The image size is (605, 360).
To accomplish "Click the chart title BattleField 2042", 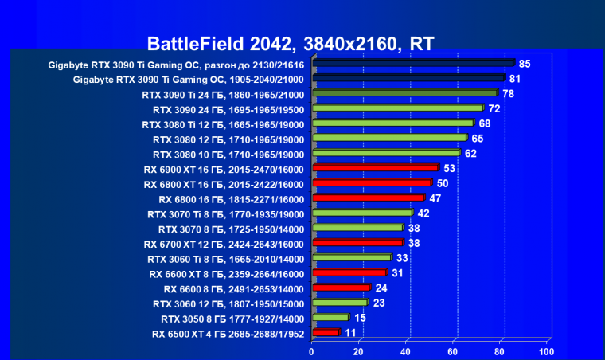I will click(291, 43).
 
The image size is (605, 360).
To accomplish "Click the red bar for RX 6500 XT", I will click(326, 332).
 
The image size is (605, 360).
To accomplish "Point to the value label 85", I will click(524, 63).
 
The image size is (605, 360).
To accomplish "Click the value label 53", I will click(449, 167).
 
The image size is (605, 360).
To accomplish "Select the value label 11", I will click(350, 332).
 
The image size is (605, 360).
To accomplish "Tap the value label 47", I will click(435, 198).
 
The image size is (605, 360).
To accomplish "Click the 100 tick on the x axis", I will click(546, 351).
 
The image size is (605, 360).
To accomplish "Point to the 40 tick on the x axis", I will click(406, 351).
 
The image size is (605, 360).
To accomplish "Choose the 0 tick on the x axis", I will click(312, 351).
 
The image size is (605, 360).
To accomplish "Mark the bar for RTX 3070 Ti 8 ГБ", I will click(363, 213).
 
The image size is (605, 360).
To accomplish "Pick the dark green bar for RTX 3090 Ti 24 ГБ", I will click(405, 93).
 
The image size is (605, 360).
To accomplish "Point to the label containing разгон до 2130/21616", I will click(176, 64).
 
